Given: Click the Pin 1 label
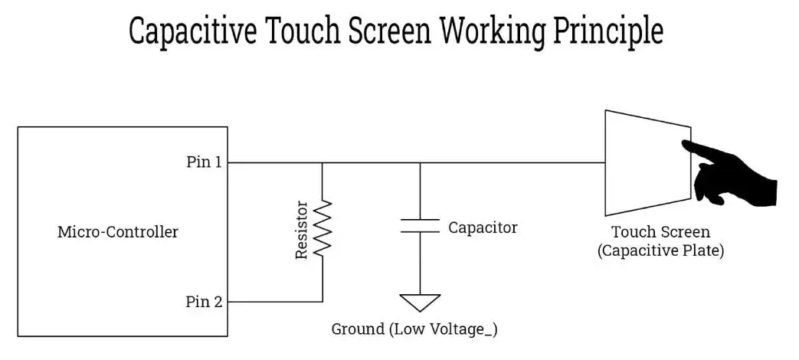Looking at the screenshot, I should tap(205, 162).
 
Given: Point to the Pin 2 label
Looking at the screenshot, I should tap(205, 302).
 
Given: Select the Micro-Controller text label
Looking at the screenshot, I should tap(118, 232).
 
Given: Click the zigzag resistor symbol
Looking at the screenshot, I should tap(323, 227).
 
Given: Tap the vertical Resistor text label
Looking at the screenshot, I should tap(302, 230).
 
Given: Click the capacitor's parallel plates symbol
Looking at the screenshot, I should tap(420, 226).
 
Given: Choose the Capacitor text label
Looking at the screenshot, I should tap(483, 227).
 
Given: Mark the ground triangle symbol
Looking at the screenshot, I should tap(421, 302).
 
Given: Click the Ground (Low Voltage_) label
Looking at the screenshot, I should tap(414, 329).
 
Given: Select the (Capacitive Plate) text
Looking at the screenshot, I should tap(660, 250).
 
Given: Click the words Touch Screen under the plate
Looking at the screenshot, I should tap(660, 232).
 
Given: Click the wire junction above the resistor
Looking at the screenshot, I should tap(323, 162).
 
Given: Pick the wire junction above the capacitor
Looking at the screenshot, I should tap(420, 162).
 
